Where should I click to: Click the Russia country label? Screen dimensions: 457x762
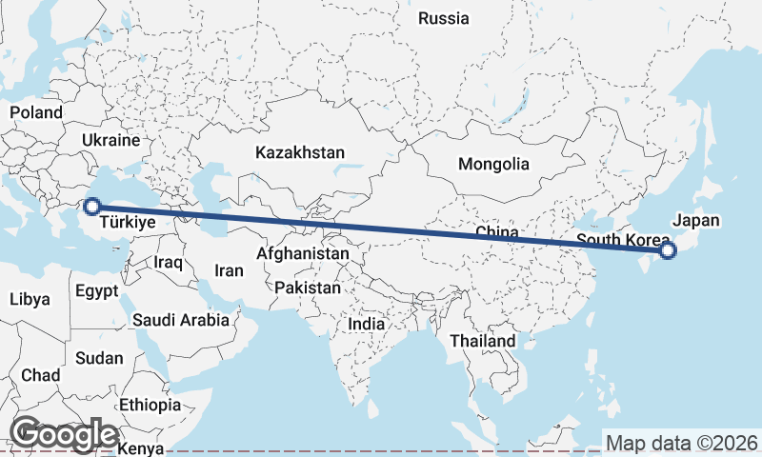(444, 18)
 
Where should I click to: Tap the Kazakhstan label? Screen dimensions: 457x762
(300, 152)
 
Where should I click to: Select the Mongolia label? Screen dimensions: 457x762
(493, 164)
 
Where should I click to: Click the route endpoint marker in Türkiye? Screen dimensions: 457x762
(92, 205)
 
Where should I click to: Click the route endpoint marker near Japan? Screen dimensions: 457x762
(667, 249)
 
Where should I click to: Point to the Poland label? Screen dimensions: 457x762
(36, 112)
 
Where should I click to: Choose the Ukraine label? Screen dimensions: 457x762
(110, 140)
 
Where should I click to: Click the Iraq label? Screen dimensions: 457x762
(168, 262)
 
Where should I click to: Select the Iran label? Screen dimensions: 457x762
(229, 270)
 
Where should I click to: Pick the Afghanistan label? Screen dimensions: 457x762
(303, 254)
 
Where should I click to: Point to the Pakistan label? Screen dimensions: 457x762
(307, 288)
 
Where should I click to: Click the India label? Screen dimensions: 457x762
(367, 324)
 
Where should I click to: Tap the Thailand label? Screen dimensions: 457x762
(483, 340)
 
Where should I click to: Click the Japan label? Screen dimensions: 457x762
(696, 221)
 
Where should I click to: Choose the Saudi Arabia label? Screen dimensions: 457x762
(181, 320)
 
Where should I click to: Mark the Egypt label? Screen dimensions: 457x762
(96, 290)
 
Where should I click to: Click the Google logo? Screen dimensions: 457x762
(65, 433)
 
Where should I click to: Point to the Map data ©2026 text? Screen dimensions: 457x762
(682, 443)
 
